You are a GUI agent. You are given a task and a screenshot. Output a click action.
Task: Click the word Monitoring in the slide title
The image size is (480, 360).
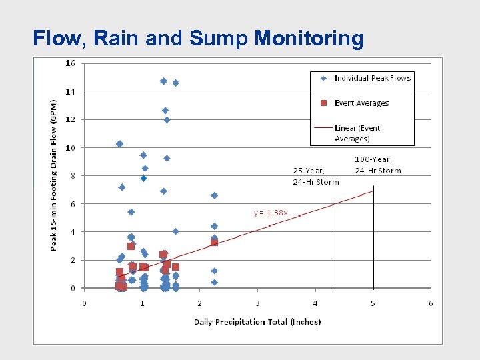tap(309, 39)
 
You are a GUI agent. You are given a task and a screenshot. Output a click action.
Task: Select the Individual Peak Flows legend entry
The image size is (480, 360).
tap(372, 78)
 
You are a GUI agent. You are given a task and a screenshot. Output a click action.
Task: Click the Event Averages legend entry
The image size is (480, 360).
tap(361, 103)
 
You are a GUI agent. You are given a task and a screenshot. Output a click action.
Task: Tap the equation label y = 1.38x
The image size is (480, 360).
tap(271, 213)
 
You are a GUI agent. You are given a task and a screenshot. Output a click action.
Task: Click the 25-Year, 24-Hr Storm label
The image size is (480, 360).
tap(315, 177)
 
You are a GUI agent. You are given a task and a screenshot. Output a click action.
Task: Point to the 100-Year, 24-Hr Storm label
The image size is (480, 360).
tap(377, 165)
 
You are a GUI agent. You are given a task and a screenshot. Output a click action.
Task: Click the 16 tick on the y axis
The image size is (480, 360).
tap(71, 63)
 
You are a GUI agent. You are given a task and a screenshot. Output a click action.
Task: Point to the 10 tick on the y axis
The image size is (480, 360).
tap(71, 147)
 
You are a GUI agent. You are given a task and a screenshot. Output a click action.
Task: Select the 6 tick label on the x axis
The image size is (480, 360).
tap(431, 303)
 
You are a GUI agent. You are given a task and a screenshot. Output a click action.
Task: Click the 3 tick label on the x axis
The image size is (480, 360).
tap(257, 303)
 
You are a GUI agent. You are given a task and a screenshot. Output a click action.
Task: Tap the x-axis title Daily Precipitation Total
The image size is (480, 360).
tap(257, 322)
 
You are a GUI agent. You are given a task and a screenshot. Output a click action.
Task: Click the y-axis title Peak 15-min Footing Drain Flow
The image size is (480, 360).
tap(55, 175)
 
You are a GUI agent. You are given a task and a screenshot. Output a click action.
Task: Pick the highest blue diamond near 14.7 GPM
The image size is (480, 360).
tap(163, 81)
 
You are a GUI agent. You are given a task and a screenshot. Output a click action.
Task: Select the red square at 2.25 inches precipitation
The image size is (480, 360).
tap(214, 243)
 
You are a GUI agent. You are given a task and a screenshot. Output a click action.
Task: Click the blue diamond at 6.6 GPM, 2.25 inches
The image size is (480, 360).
tap(214, 195)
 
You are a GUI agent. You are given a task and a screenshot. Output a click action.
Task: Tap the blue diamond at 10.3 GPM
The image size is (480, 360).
tap(119, 144)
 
